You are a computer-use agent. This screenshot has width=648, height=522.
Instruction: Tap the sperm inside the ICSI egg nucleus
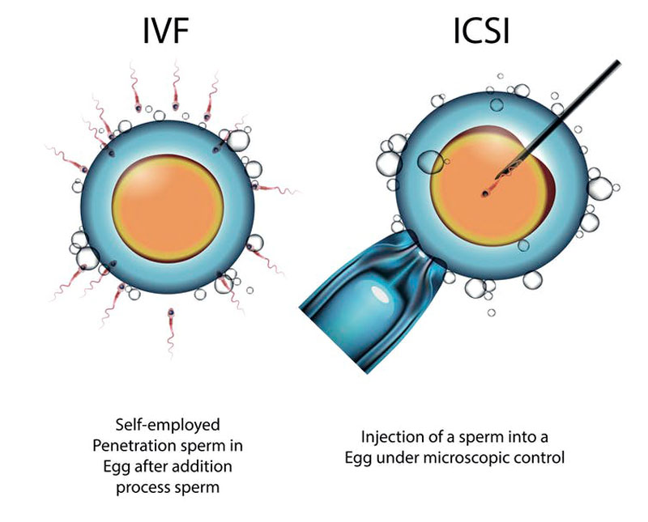click(x=485, y=192)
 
